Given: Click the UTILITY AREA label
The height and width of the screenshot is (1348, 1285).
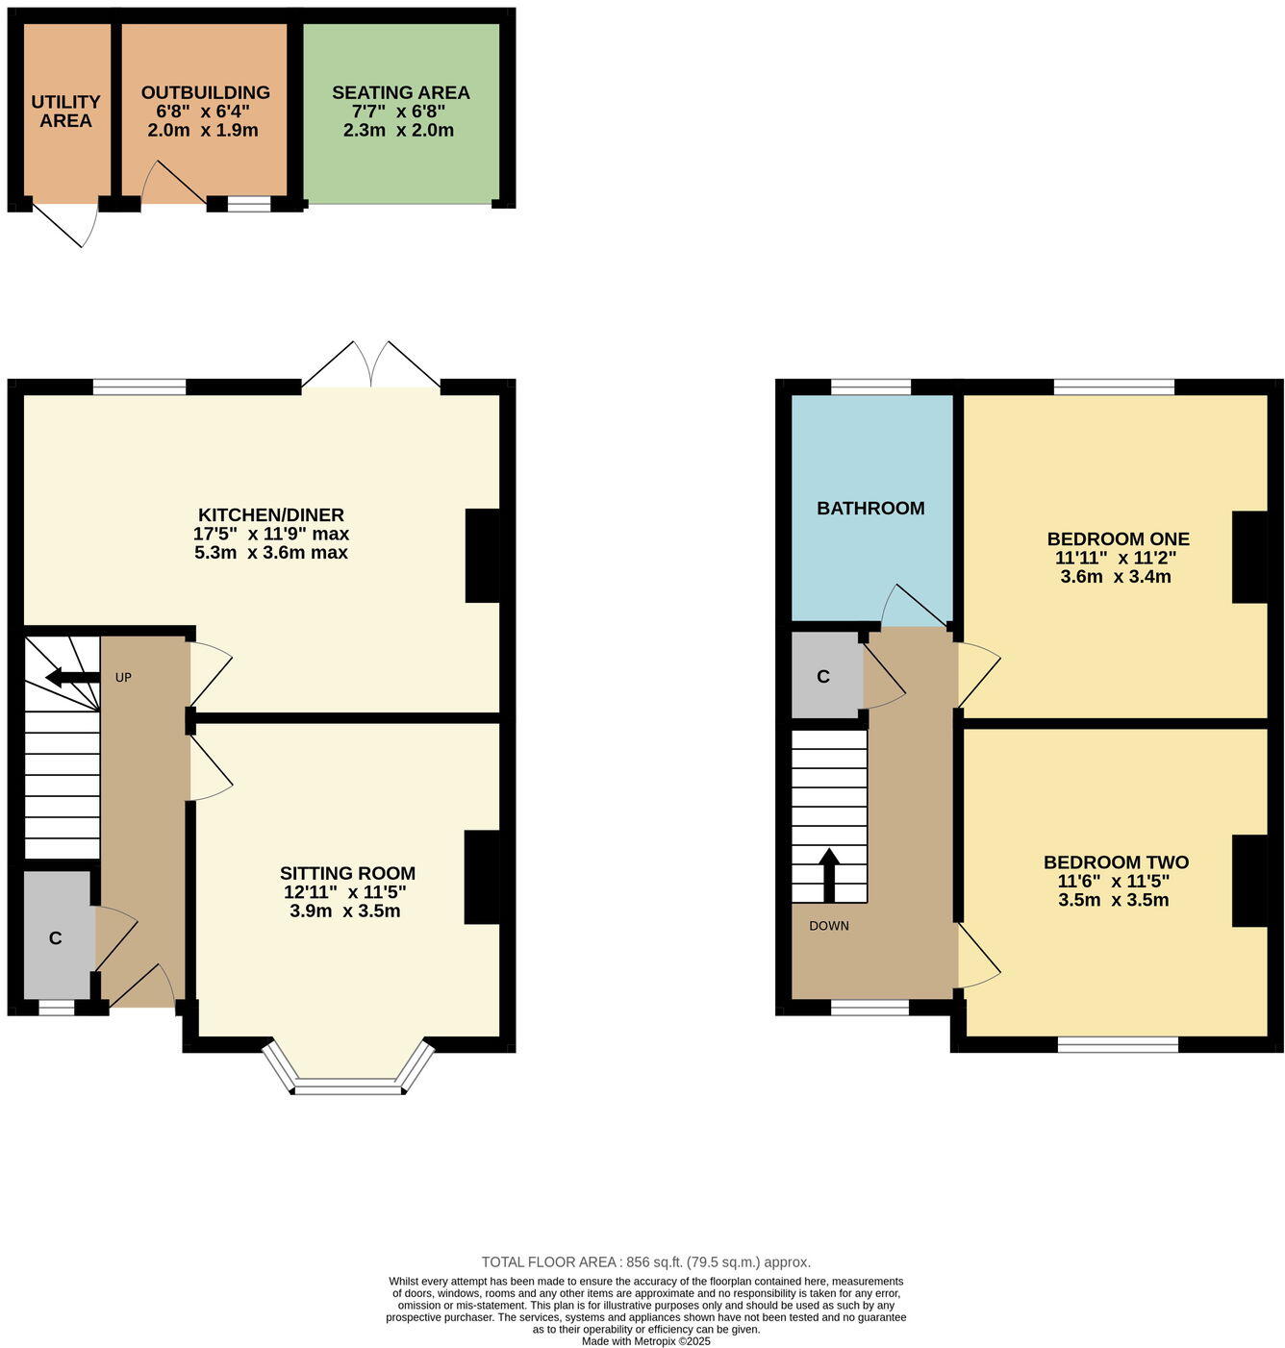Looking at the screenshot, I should (x=65, y=112).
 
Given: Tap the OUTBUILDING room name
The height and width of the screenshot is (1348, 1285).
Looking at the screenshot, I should (x=205, y=93).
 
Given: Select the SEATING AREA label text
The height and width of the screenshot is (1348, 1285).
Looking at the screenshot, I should (x=400, y=93).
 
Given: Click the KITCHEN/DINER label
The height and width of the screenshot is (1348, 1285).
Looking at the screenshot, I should (x=270, y=515).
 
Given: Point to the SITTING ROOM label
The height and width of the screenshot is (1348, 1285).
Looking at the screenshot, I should (x=347, y=873).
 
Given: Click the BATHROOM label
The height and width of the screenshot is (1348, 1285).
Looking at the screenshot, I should (x=870, y=509).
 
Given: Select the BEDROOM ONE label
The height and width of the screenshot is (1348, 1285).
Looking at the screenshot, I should (x=1118, y=539).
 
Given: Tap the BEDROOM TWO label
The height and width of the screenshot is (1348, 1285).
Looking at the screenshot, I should (x=1116, y=862).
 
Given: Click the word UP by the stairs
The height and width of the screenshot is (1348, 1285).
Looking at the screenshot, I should (x=123, y=678).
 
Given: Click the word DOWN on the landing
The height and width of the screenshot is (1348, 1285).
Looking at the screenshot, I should (x=828, y=926).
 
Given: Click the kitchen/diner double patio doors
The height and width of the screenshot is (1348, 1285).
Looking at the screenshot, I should (x=371, y=366).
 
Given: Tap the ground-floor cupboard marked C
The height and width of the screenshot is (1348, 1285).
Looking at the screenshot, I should (x=57, y=937).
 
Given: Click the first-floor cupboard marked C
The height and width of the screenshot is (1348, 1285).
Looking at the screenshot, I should (x=823, y=677).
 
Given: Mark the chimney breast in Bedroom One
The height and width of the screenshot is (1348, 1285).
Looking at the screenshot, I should (x=1249, y=557).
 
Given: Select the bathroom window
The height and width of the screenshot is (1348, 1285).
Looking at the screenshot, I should (x=870, y=387).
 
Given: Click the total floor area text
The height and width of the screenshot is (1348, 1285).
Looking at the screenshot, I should (x=645, y=1262).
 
